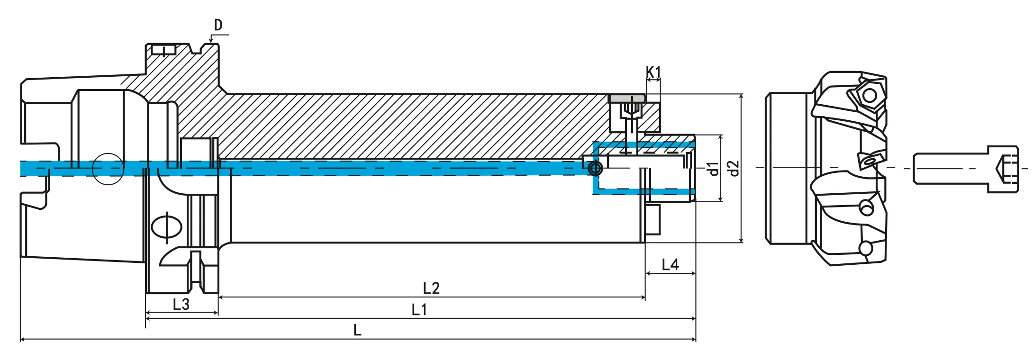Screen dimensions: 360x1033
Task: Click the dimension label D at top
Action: pyautogui.click(x=218, y=25)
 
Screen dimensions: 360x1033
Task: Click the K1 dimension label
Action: pyautogui.click(x=653, y=72)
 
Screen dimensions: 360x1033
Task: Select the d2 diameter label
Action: pyautogui.click(x=734, y=168)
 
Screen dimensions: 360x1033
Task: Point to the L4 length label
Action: pyautogui.click(x=670, y=265)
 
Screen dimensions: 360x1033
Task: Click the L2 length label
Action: pyautogui.click(x=431, y=288)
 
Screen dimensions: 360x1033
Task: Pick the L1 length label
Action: pyautogui.click(x=419, y=310)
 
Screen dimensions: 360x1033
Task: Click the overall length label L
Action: pyautogui.click(x=357, y=330)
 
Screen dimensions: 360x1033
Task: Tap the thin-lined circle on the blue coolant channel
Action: pyautogui.click(x=108, y=169)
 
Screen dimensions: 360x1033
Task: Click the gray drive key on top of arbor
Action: pyautogui.click(x=627, y=98)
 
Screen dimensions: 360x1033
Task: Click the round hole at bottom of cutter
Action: pyautogui.click(x=866, y=248)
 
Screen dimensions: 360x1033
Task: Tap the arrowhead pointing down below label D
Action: pyautogui.click(x=211, y=41)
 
